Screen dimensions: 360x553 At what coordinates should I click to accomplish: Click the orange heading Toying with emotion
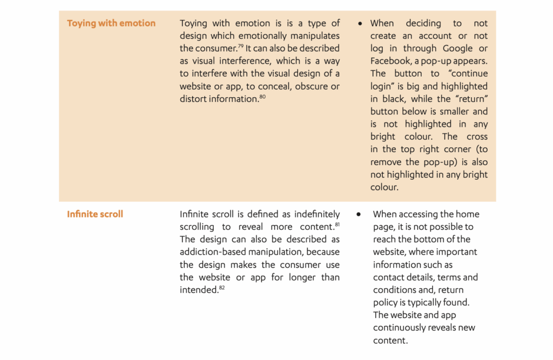(111, 23)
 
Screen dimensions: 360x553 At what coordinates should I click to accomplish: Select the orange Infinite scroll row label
(95, 214)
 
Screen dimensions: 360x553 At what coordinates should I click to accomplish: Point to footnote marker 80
(262, 97)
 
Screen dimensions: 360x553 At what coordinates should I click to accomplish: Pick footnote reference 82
(221, 287)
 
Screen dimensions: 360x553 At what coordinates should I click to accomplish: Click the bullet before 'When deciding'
(360, 24)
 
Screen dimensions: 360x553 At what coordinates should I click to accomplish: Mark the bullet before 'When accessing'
(358, 214)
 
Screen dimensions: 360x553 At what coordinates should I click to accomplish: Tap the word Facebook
(390, 61)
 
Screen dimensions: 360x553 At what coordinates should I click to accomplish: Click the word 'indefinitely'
(313, 214)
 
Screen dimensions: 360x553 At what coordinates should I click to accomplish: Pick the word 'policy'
(386, 303)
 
